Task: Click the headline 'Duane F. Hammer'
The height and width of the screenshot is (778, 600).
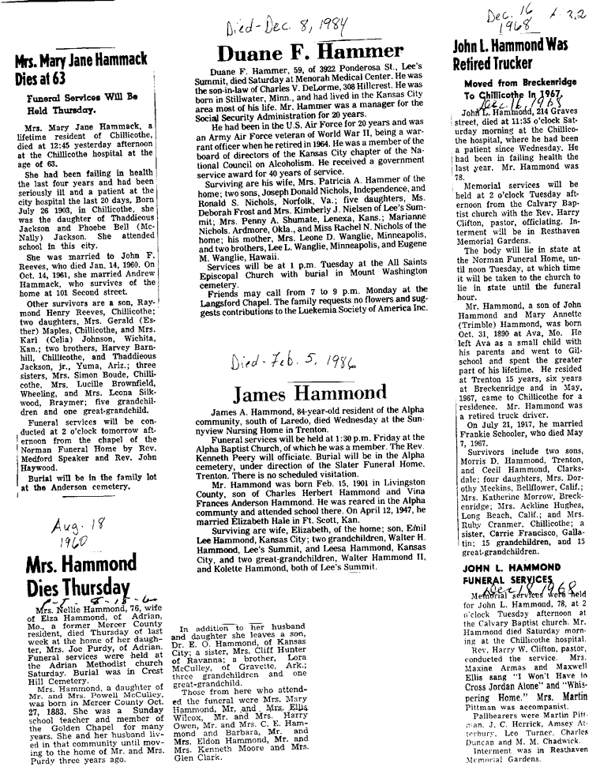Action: (x=310, y=54)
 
